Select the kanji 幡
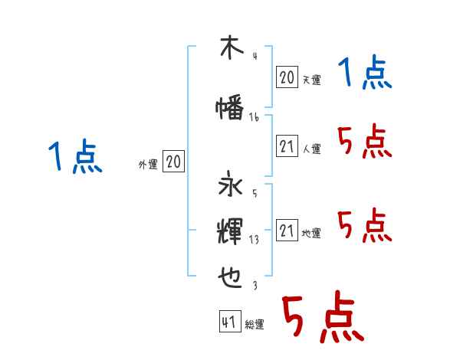tap(230, 110)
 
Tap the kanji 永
tap(230, 187)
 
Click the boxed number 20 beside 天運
tap(287, 77)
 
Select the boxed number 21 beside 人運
tap(287, 146)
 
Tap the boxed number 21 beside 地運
tap(287, 231)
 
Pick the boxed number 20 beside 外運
tap(173, 162)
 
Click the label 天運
tap(312, 80)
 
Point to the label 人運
tap(312, 149)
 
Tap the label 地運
tap(312, 234)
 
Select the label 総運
tap(255, 326)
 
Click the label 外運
tap(148, 165)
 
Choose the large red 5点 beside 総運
tap(322, 318)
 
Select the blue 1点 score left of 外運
tap(74, 159)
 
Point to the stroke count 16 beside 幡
tap(255, 117)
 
